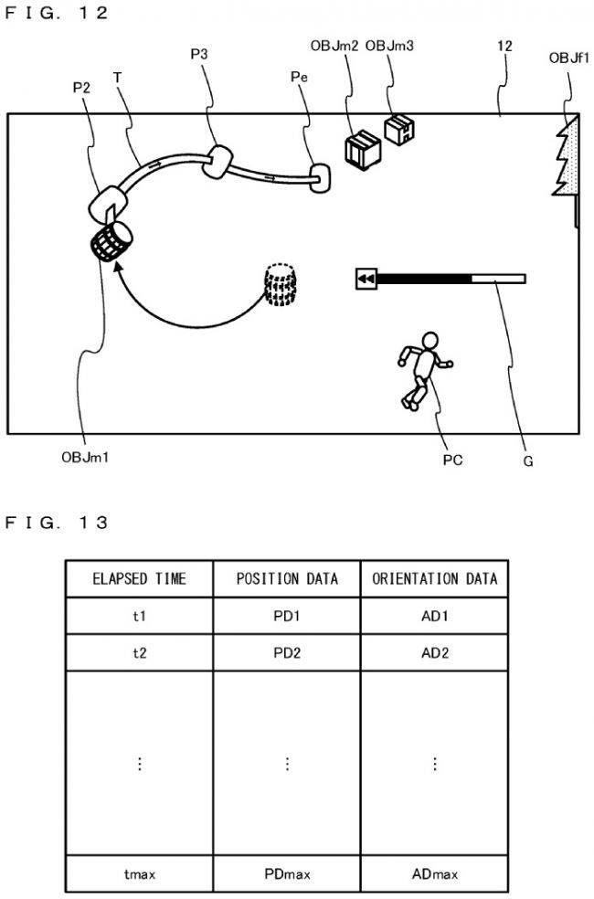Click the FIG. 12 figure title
tap(57, 13)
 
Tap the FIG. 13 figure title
tap(57, 523)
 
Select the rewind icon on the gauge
tap(366, 278)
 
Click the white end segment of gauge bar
tap(498, 278)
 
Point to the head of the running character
tap(429, 343)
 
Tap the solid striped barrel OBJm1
tap(112, 244)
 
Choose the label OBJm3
tap(389, 46)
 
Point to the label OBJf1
tap(568, 58)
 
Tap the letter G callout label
tap(528, 461)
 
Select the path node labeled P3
tap(219, 162)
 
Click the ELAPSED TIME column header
tap(139, 578)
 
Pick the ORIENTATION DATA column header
tap(434, 578)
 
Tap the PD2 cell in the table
tap(286, 653)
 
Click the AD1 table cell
tap(434, 616)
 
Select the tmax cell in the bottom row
tap(139, 874)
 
